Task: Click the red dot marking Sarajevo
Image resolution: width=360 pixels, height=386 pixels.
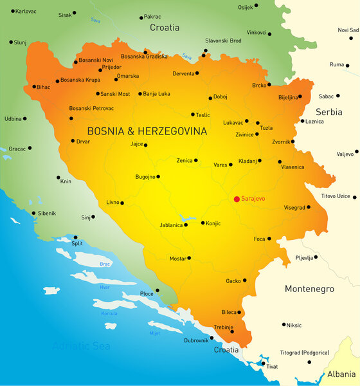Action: [x=237, y=199]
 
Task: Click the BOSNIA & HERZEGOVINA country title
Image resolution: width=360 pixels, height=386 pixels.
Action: [x=147, y=131]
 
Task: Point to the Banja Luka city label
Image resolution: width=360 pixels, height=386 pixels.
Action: [x=157, y=93]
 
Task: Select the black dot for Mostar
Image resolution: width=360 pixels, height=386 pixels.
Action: [x=188, y=258]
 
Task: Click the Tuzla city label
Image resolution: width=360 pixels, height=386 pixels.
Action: [x=266, y=128]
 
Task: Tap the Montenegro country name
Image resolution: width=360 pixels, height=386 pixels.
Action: [x=309, y=289]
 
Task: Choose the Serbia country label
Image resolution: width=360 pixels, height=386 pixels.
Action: [x=328, y=112]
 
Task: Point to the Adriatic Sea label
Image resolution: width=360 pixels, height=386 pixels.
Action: [x=81, y=346]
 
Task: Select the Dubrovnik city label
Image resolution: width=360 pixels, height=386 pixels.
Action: [x=196, y=340]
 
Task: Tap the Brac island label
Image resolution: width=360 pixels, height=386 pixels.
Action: [x=104, y=264]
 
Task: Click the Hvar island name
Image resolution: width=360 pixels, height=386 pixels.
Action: [x=104, y=287]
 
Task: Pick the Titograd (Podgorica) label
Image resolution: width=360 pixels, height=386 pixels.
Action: [x=305, y=353]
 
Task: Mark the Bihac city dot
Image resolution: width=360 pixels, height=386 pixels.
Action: [x=35, y=87]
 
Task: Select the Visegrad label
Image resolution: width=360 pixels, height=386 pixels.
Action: [x=294, y=208]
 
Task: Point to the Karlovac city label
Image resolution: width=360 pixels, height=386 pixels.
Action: [x=26, y=12]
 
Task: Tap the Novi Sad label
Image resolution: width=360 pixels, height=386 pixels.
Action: [x=348, y=30]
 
